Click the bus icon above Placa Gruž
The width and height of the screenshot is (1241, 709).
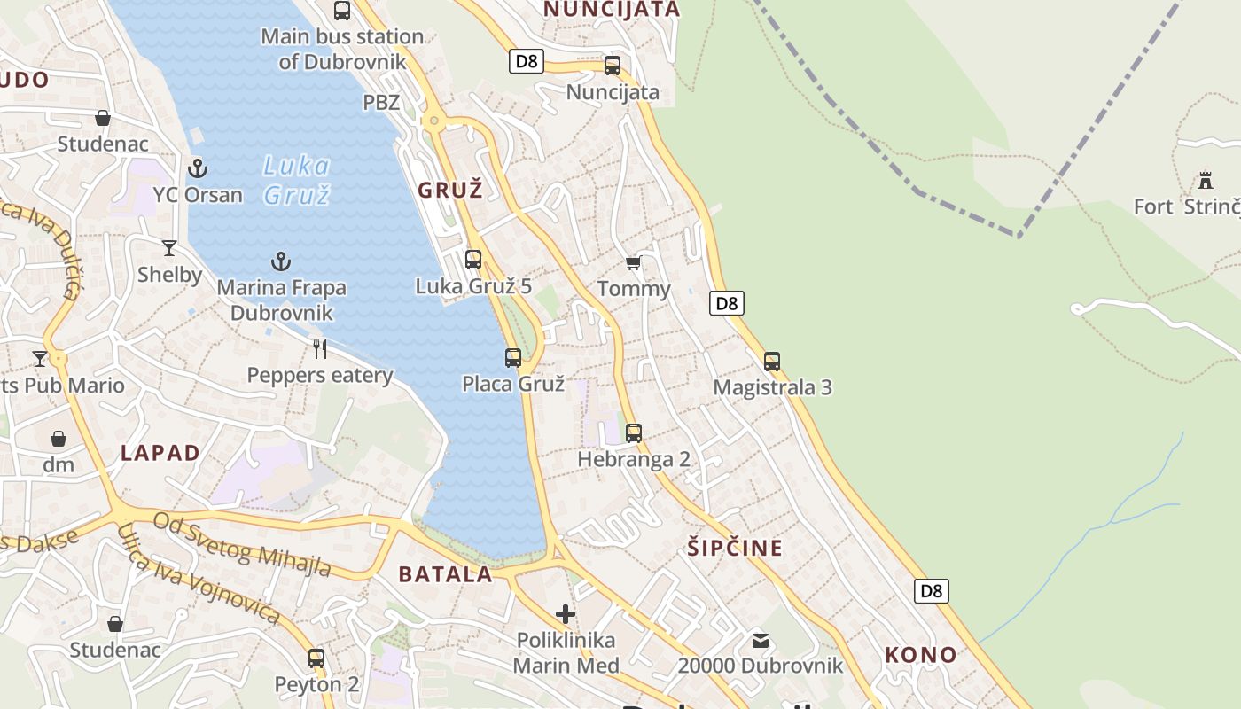513,358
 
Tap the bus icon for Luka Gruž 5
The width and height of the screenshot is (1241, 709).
473,260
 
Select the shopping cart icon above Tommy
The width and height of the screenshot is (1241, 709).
633,263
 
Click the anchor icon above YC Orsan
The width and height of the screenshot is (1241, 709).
198,168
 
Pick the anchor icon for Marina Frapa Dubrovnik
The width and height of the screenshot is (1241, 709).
281,261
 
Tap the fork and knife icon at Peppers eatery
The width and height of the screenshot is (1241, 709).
320,349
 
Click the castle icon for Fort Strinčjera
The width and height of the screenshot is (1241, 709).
1205,181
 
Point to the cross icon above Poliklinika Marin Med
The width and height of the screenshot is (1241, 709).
566,613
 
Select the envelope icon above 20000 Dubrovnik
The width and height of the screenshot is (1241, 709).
761,640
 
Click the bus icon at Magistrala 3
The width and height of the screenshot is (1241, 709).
772,362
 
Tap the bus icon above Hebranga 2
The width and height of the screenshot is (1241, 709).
634,433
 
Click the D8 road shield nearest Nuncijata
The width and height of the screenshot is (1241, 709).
526,61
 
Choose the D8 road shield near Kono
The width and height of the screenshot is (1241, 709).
931,591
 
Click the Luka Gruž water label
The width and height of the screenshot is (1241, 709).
297,180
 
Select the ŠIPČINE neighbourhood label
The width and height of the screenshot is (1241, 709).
735,548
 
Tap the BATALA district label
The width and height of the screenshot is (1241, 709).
445,574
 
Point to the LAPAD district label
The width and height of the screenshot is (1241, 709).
160,453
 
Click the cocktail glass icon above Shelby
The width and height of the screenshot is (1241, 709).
169,248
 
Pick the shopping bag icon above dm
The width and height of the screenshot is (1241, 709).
59,439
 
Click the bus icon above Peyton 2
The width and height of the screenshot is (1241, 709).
316,658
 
